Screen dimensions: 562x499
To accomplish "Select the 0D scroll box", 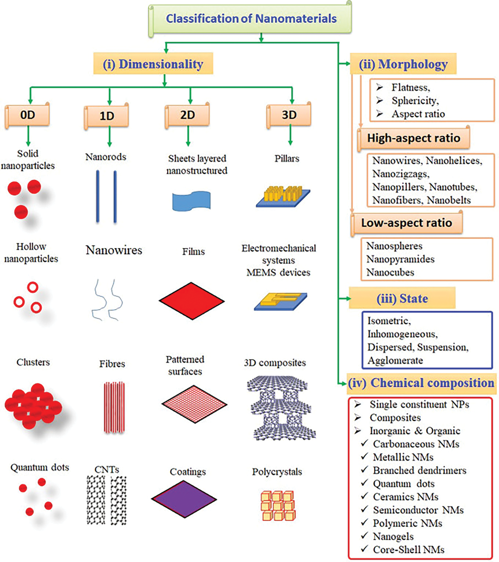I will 28,115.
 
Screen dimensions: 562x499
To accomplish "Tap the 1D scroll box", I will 106,116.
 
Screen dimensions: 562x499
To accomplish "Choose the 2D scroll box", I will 188,115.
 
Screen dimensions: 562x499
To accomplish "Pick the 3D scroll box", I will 289,115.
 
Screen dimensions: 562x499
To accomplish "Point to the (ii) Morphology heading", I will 403,64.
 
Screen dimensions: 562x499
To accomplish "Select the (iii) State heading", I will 402,298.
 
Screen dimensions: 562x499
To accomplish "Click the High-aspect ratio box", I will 414,138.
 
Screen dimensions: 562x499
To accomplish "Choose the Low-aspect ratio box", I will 407,223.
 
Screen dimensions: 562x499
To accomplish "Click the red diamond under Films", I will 192,301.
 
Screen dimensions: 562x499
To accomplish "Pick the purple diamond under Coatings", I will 184,499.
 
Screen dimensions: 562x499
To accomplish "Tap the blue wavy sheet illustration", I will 191,201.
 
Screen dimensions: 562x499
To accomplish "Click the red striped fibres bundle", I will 114,407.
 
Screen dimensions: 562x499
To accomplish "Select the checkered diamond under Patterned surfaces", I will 194,404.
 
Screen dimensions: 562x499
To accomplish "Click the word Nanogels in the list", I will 393,536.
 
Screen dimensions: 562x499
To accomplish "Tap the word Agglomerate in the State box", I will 395,360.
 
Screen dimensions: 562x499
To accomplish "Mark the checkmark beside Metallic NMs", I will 364,457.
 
